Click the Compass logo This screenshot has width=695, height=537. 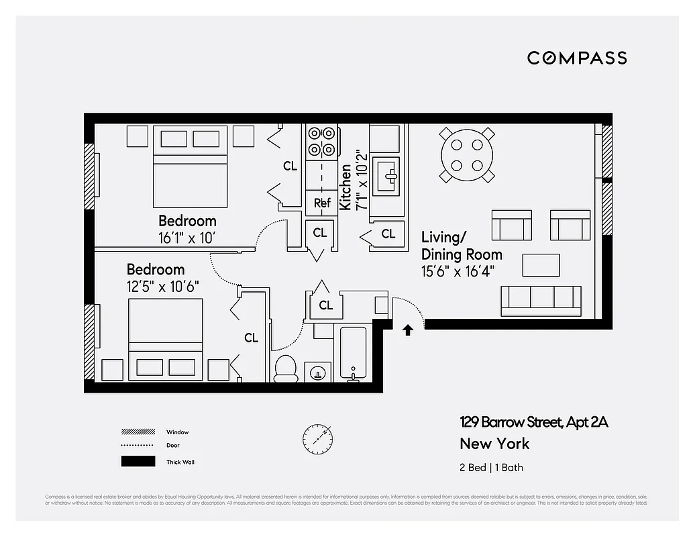[x=577, y=58]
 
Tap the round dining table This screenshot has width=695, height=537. [x=468, y=155]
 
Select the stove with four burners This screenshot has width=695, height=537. [x=321, y=142]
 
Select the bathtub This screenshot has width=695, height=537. [x=353, y=353]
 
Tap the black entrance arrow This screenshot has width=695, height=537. [x=407, y=329]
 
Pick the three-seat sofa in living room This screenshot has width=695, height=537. [x=541, y=300]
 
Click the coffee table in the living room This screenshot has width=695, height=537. [x=541, y=264]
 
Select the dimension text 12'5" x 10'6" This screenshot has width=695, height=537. [x=163, y=286]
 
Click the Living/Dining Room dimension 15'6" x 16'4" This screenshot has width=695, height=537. [x=462, y=271]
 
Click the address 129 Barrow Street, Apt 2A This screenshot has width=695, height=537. [x=533, y=422]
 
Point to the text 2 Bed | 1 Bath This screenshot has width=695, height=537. [x=490, y=467]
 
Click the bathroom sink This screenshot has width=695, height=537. [x=317, y=371]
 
